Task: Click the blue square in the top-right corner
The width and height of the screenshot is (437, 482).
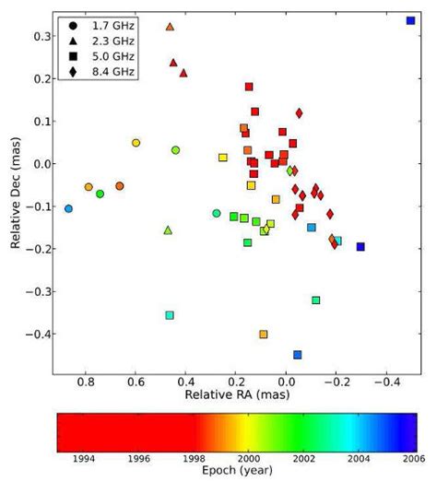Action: click(410, 20)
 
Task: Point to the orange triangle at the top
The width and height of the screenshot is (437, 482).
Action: click(170, 27)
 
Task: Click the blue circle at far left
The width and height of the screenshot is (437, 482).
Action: click(68, 209)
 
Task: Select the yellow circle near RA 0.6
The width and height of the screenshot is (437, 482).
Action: click(136, 143)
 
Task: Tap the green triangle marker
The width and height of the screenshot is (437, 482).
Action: click(168, 230)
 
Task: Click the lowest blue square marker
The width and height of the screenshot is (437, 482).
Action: click(298, 355)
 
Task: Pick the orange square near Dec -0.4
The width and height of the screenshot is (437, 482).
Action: click(264, 335)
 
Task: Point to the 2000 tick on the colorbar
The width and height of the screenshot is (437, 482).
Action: click(248, 457)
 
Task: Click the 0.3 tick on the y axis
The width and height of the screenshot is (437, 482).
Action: click(41, 36)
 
